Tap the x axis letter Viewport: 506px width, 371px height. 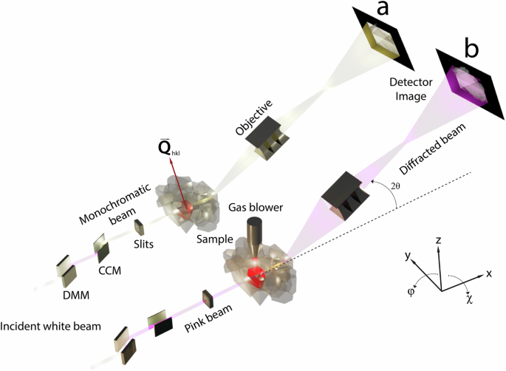(x=489, y=273)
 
